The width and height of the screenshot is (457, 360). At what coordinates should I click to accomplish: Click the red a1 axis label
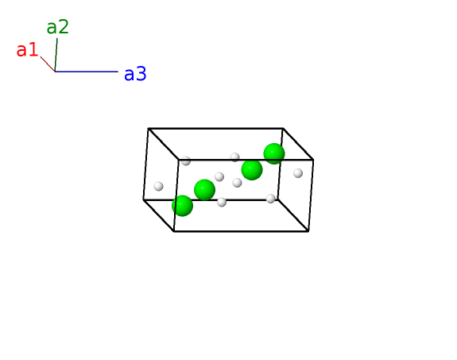[x=27, y=50]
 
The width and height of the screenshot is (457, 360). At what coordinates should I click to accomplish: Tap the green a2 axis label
[x=58, y=27]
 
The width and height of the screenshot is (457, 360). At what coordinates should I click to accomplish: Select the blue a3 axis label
[x=135, y=74]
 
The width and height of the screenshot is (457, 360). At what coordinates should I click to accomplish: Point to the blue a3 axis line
[x=87, y=72]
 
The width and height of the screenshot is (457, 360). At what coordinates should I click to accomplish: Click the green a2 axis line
[x=56, y=55]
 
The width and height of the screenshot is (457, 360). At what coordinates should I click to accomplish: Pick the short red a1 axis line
[x=48, y=64]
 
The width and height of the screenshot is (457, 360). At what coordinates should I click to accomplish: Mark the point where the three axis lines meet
[x=55, y=72]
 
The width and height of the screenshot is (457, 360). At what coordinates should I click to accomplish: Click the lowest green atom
[x=183, y=206]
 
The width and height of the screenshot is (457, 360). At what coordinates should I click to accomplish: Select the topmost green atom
[x=274, y=153]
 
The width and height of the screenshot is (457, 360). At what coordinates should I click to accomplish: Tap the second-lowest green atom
[x=204, y=190]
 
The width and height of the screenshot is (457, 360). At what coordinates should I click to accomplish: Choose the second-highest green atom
[x=252, y=169]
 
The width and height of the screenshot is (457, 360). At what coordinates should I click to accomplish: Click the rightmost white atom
[x=298, y=173]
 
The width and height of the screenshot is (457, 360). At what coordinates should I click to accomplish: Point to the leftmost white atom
[x=158, y=186]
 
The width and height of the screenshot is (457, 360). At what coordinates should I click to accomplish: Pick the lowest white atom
[x=222, y=202]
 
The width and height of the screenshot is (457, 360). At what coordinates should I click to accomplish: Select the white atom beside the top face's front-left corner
[x=186, y=161]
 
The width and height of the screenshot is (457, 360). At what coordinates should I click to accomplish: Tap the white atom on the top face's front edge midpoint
[x=234, y=157]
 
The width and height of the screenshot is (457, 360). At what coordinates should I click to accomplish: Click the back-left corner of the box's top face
[x=149, y=128]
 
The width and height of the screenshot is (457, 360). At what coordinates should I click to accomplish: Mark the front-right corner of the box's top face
[x=313, y=160]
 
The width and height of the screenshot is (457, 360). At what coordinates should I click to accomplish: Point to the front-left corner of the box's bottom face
[x=174, y=231]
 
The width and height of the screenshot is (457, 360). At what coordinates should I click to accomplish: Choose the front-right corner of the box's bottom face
[x=308, y=231]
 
